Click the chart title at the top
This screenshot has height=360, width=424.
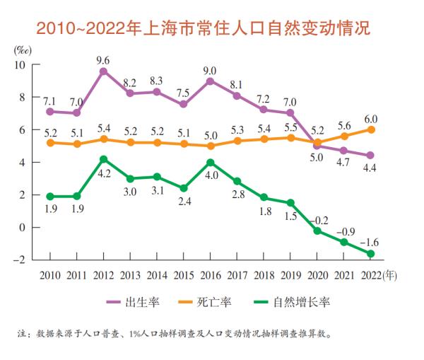[211, 30]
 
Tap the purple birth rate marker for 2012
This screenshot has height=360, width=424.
[104, 71]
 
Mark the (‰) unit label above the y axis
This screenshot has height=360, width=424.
[23, 50]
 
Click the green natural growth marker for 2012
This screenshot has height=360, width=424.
[104, 159]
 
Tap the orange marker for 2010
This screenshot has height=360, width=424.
[49, 143]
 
